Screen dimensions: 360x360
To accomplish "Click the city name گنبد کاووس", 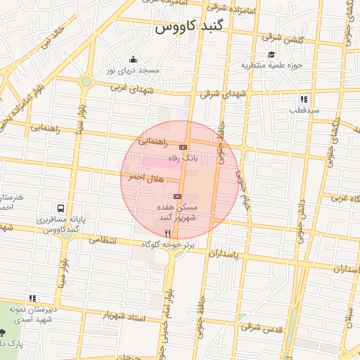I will click(189, 28).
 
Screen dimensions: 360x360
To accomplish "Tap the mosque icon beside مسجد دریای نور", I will click(133, 59).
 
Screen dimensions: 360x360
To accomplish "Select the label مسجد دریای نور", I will click(133, 71).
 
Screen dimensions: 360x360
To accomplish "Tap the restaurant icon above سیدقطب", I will click(304, 99).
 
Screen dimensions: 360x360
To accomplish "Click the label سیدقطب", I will click(307, 110).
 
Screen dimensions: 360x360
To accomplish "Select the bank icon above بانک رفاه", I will click(184, 147).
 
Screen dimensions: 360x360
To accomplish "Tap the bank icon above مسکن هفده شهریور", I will click(177, 196).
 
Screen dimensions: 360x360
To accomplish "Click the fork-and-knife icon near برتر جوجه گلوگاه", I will click(167, 233).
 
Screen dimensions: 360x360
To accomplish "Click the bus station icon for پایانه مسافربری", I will click(62, 208).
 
